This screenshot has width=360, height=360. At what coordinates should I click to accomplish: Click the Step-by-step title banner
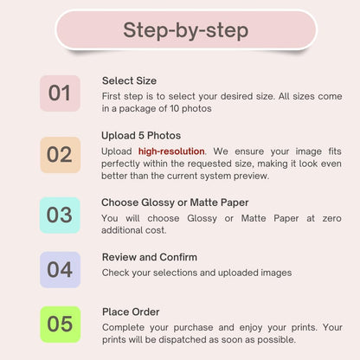coord(186,29)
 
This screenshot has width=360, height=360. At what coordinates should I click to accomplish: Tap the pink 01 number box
coord(60,93)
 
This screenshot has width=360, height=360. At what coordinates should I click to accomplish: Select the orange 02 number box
coord(60,155)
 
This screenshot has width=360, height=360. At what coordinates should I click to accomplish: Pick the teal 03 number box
coord(60,215)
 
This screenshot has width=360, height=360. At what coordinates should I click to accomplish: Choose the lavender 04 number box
coord(60,270)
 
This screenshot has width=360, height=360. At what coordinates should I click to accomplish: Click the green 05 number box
coord(60,325)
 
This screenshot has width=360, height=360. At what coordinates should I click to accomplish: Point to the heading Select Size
coord(129,80)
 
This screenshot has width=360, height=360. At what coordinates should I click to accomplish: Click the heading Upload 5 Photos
coord(141,136)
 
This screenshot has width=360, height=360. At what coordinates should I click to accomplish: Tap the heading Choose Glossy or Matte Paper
coord(175,202)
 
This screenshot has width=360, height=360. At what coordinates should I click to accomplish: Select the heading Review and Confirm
coord(150,257)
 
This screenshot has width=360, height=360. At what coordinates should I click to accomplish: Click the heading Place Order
coord(131,312)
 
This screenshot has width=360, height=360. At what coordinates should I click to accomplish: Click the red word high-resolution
coord(171,151)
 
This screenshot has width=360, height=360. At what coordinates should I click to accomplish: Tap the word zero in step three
coord(332,218)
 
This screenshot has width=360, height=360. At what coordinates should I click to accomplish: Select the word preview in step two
coord(250,176)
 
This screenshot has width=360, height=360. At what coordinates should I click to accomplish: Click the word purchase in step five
coord(193,328)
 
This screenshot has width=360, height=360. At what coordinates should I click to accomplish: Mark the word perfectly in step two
coord(120,164)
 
